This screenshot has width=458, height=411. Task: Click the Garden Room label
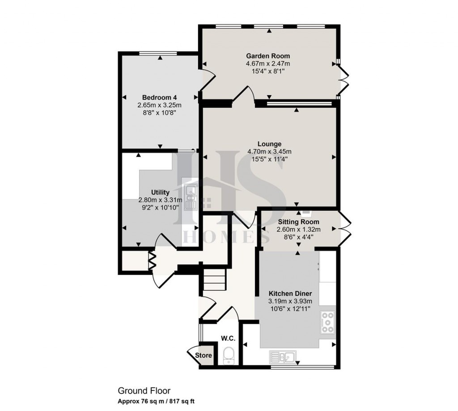[268, 56]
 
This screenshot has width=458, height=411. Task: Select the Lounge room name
[270, 144]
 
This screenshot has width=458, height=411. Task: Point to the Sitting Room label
[299, 222]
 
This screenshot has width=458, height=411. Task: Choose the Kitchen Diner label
[290, 294]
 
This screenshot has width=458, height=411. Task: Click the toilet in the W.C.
[229, 355]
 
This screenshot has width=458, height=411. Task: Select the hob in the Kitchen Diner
[327, 322]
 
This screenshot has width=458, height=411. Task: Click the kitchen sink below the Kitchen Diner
[282, 356]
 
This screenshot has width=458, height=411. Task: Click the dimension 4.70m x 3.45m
[269, 151]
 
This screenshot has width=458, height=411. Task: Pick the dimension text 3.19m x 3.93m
[290, 301]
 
